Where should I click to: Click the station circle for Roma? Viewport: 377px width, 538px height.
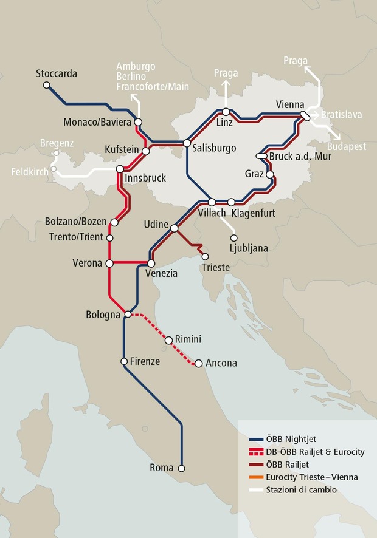click(181, 468)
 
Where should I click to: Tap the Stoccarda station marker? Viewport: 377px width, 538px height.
click(46, 86)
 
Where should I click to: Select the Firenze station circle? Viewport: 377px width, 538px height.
click(124, 361)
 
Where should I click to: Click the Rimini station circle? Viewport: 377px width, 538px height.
click(169, 340)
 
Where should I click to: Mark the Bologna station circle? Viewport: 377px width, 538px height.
click(127, 314)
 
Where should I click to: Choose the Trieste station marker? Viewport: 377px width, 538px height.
click(205, 256)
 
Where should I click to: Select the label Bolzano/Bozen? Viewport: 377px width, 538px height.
click(76, 222)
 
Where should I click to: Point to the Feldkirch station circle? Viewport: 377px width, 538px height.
click(54, 169)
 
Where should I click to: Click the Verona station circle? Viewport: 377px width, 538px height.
click(109, 264)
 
